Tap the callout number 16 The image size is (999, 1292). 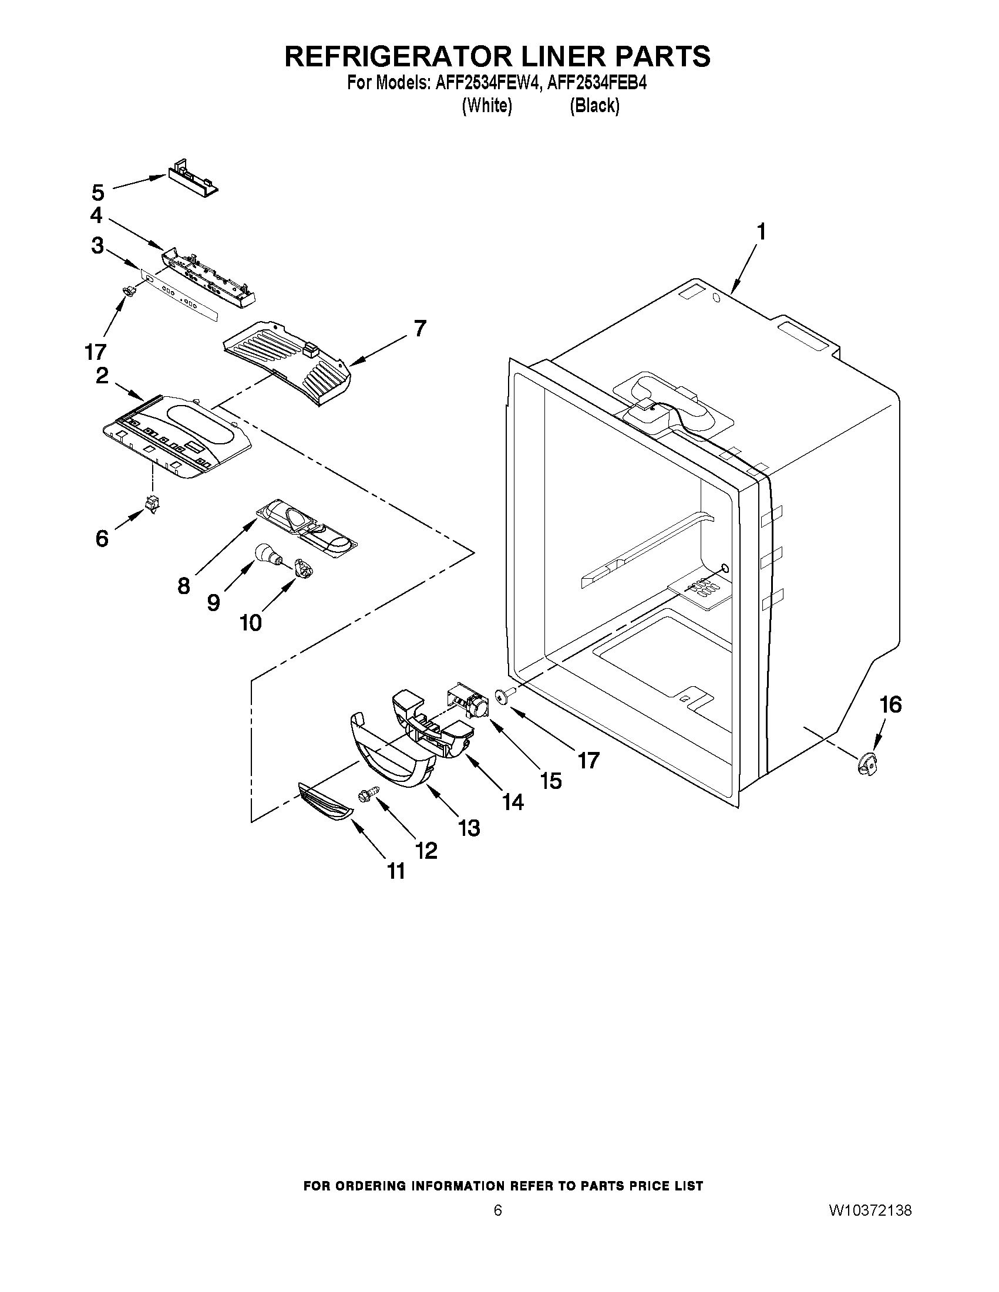(x=890, y=704)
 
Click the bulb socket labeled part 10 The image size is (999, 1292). (x=304, y=569)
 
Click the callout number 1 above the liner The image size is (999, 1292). (x=761, y=232)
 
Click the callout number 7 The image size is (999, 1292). (x=419, y=328)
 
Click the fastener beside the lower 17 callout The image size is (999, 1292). (x=505, y=696)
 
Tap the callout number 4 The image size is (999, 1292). (x=96, y=216)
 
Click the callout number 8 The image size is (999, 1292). (x=183, y=585)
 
